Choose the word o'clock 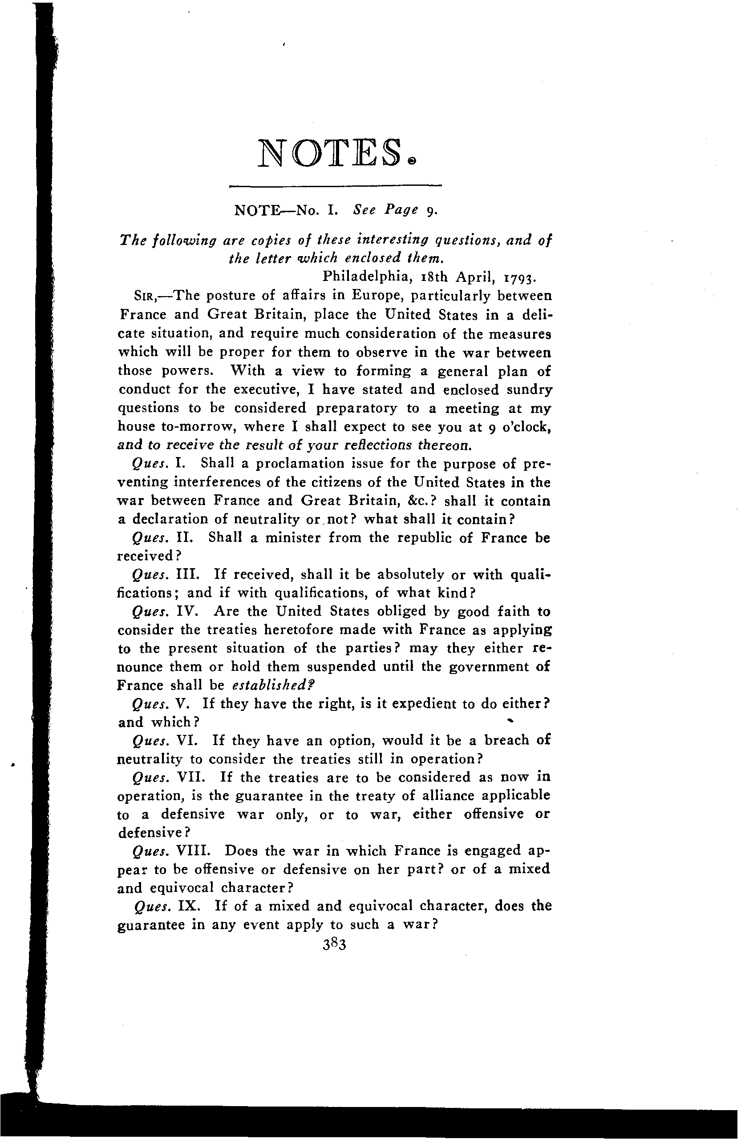pos(526,426)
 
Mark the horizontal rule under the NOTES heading pos(335,185)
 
